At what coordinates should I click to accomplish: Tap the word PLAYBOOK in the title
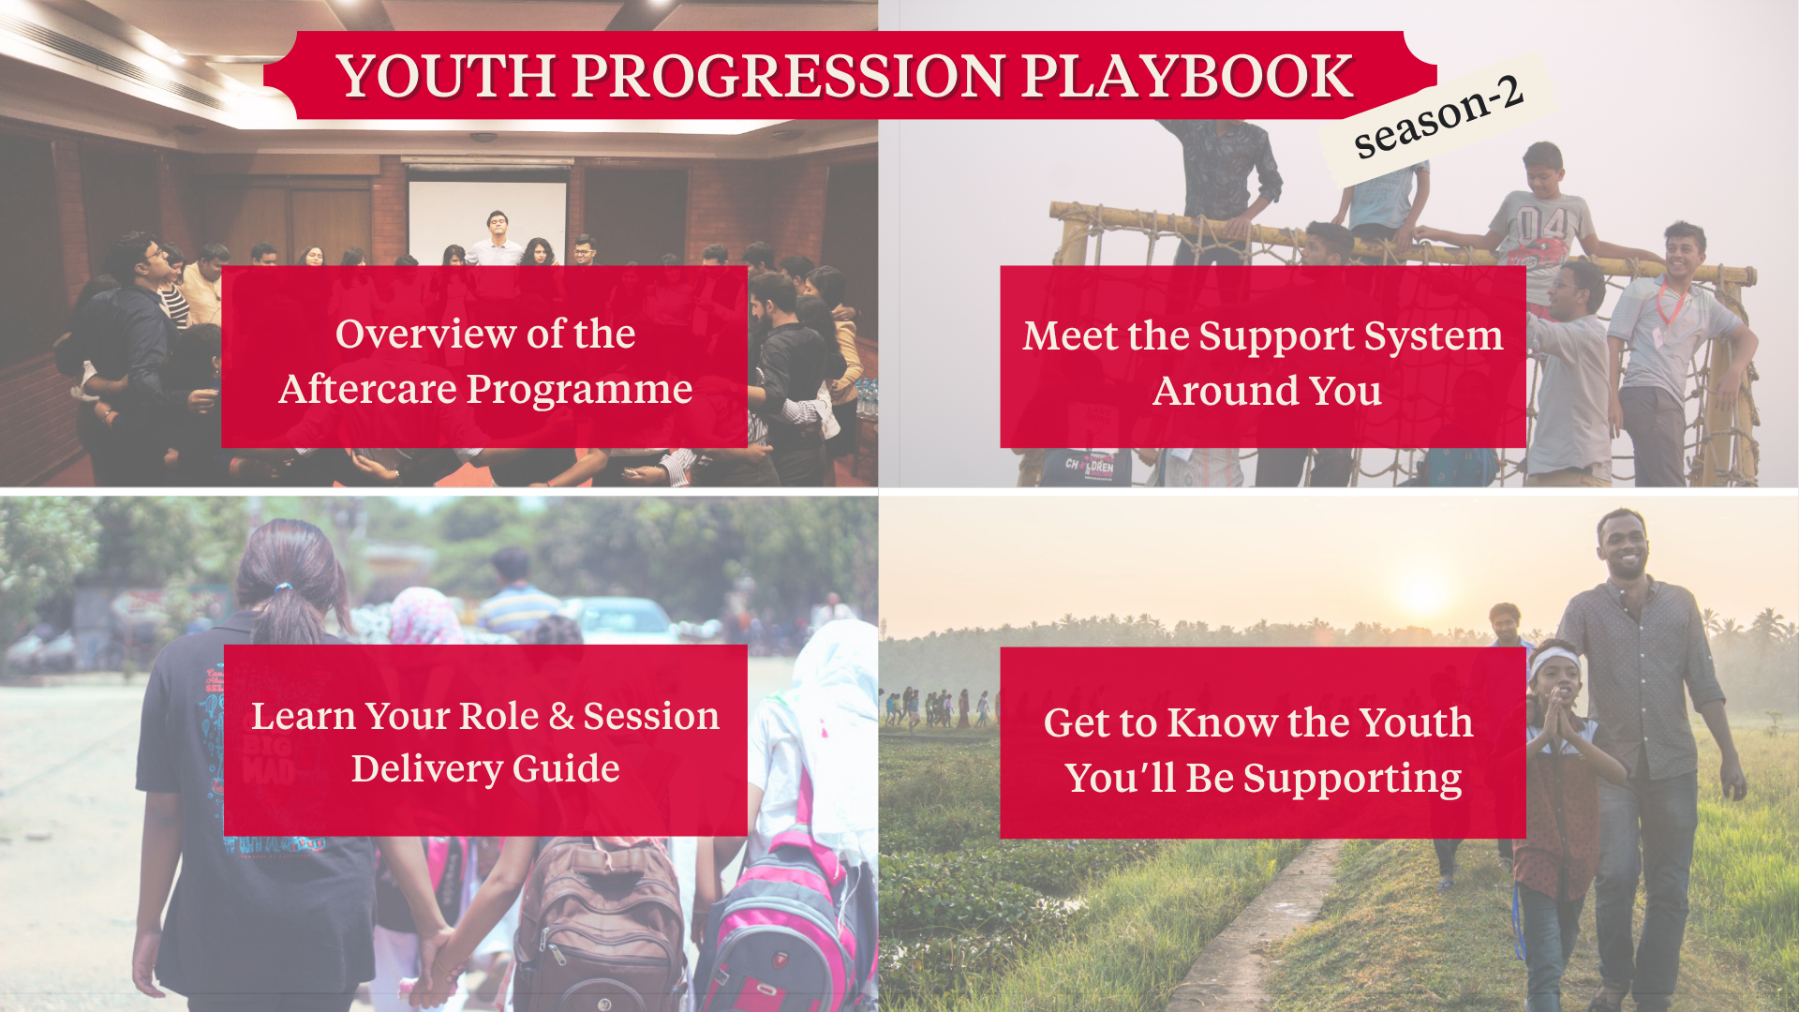[1186, 76]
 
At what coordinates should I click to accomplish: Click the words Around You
[1267, 391]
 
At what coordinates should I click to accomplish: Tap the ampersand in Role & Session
[561, 717]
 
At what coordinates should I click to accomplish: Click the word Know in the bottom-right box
[1223, 723]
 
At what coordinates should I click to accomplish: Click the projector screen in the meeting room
[487, 220]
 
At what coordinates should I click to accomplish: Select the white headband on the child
[1554, 662]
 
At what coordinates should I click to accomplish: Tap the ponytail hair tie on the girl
[283, 588]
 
